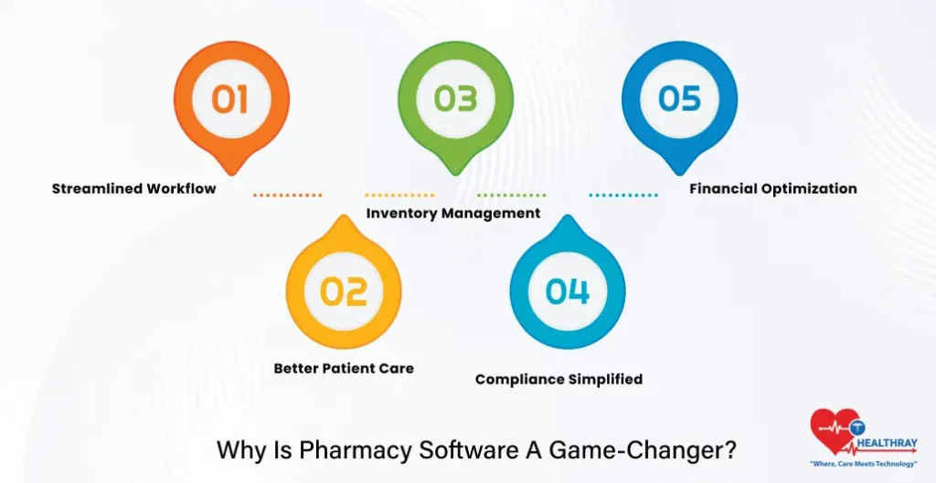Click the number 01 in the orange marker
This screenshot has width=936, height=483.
coord(230,99)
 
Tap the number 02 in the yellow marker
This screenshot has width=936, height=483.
coord(344,291)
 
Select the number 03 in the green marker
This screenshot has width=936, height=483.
coord(455,99)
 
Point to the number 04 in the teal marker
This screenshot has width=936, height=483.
coord(568,291)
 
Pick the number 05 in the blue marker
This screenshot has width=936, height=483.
coord(679,99)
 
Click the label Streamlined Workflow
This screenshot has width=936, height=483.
coord(133,189)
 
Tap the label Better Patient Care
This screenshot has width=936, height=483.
coord(344,369)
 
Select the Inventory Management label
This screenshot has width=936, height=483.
coord(453,214)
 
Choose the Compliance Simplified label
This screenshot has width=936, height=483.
coord(558,379)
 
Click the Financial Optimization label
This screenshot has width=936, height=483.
coord(772,189)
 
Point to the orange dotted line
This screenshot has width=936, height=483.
coord(287,194)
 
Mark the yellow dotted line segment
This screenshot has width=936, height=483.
coord(399,194)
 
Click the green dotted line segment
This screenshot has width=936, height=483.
coord(512,194)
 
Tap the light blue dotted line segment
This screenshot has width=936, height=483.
coord(623,194)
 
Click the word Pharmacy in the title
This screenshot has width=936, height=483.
coord(341,450)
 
